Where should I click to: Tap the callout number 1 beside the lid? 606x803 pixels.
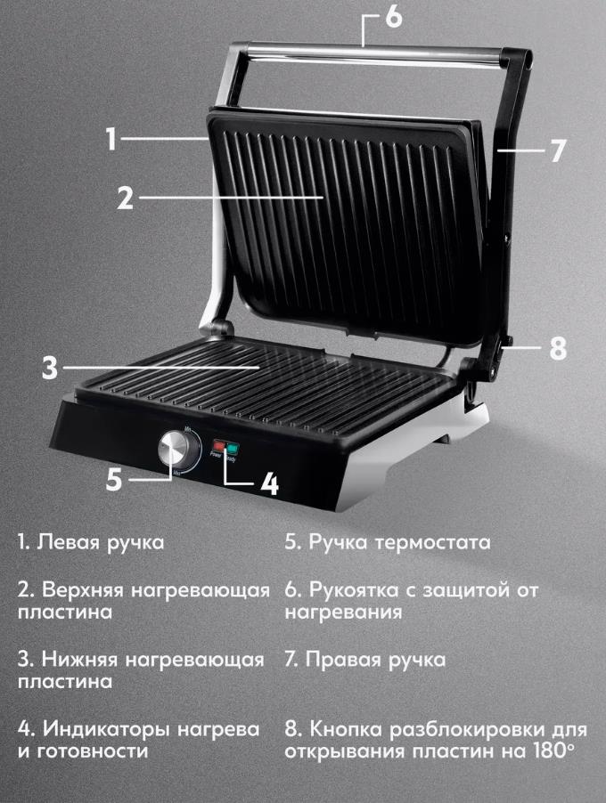pos(111,138)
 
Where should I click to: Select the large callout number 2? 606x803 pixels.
pos(125,197)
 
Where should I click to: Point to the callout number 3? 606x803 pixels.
pos(50,368)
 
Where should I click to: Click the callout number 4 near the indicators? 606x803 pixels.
pos(268,483)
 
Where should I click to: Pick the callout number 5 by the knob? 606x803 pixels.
pos(114,480)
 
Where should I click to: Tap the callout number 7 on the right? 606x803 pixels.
pos(558,151)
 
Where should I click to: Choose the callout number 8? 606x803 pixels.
pos(558,348)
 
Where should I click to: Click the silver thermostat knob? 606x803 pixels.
pos(174,449)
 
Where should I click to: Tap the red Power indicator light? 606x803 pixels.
pos(219,444)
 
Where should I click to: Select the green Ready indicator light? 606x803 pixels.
pos(233,448)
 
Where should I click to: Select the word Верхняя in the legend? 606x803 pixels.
pos(83,590)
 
